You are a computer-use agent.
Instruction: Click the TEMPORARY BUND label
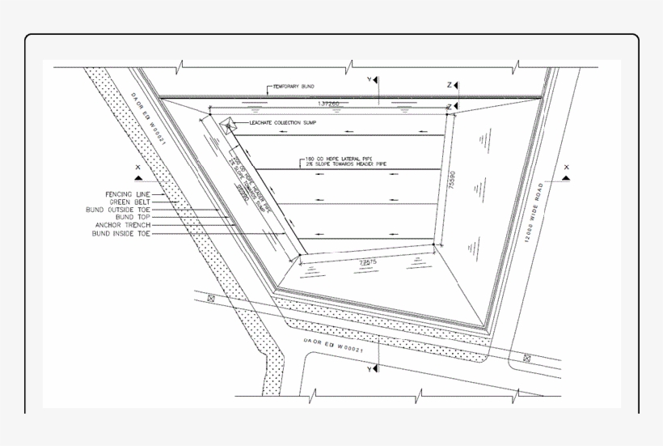293,87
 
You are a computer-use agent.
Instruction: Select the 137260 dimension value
328,104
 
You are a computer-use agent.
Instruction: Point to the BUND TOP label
133,217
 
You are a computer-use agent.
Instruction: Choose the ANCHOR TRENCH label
123,225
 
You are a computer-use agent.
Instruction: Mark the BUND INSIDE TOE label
121,234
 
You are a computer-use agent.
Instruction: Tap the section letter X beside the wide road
566,168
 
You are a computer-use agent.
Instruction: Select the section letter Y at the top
369,80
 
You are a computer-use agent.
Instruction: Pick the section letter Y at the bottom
369,369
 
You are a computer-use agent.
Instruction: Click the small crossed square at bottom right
526,357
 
